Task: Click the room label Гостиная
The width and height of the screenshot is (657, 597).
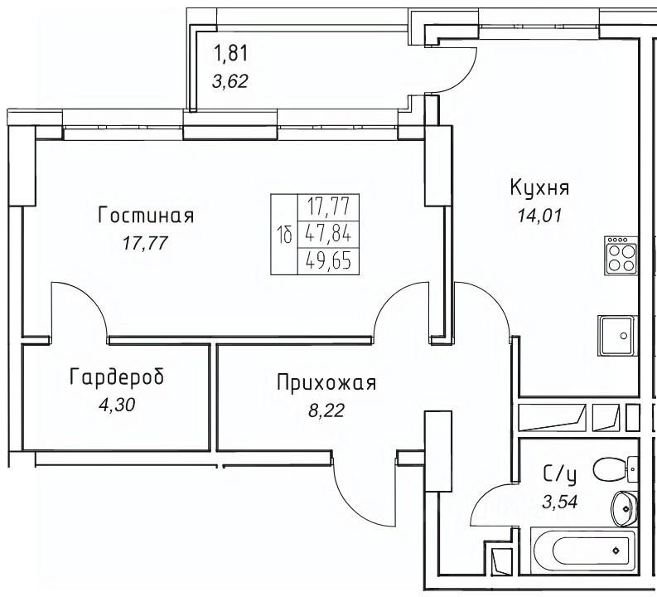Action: click(146, 216)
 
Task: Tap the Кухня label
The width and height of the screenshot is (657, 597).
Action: click(539, 187)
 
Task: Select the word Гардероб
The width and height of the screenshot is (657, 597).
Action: click(117, 376)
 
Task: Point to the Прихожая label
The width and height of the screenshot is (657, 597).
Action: click(326, 382)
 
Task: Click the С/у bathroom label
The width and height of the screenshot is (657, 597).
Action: click(560, 474)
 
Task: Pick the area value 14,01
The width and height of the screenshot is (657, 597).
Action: click(539, 216)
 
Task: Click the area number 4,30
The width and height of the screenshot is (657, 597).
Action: click(117, 405)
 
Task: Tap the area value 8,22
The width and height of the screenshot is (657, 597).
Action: click(326, 411)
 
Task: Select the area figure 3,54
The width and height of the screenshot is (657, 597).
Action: click(560, 502)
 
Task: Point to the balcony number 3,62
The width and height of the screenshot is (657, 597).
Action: click(230, 81)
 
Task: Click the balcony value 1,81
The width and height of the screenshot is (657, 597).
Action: click(230, 54)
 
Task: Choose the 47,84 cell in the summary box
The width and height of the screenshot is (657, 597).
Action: click(328, 235)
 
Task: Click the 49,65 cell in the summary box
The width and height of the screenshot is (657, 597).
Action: click(328, 262)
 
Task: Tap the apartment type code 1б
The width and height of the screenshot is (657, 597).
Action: click(284, 235)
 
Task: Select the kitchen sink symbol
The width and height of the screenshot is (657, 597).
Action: click(617, 336)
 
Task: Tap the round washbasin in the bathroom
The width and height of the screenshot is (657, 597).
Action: click(624, 508)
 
